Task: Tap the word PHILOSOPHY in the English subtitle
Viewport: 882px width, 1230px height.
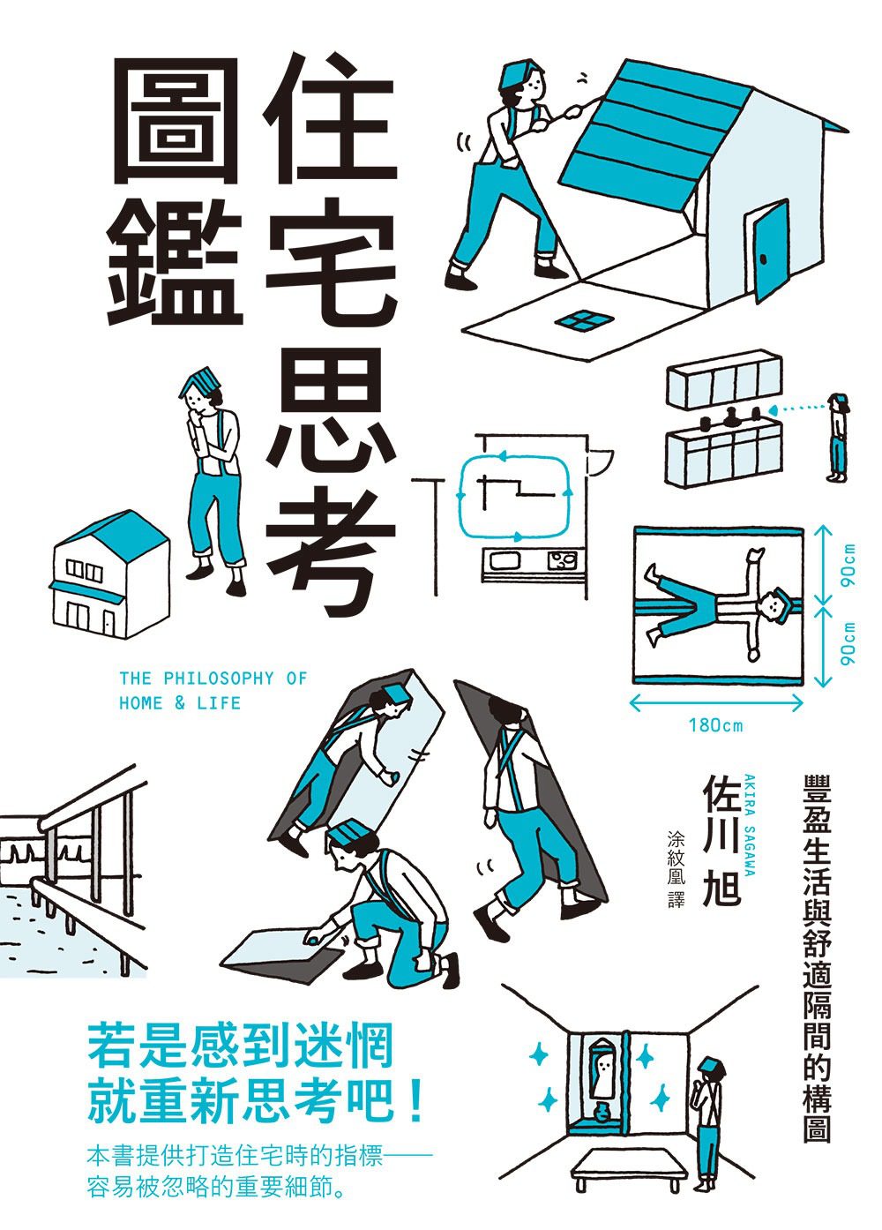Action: click(x=218, y=679)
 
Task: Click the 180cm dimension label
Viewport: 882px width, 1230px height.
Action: click(x=715, y=725)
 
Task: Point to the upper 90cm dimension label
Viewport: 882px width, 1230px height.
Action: click(x=848, y=566)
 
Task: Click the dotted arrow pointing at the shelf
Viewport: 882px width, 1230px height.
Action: click(x=797, y=408)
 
